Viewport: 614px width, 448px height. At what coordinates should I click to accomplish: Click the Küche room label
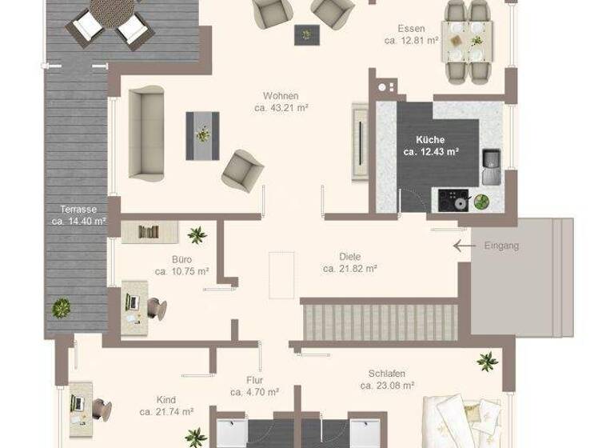[x=430, y=139]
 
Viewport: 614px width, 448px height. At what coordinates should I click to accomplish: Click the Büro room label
[x=181, y=259]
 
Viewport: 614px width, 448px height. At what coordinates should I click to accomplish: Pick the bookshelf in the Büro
[x=150, y=232]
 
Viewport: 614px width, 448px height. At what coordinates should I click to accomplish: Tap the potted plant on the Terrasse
[x=61, y=306]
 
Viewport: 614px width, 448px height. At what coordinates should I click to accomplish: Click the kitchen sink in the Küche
[x=489, y=164]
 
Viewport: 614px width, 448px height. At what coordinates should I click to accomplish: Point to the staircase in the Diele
[x=379, y=320]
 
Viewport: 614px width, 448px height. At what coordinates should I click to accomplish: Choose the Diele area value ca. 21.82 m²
[x=350, y=269]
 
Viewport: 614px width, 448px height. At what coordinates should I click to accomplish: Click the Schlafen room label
[x=387, y=374]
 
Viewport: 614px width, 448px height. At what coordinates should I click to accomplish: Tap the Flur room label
[x=255, y=380]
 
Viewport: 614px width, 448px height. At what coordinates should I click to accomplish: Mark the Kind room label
[x=166, y=399]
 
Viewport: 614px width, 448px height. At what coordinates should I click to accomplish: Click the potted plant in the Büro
[x=196, y=234]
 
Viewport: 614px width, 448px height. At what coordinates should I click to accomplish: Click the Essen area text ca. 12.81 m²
[x=411, y=40]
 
